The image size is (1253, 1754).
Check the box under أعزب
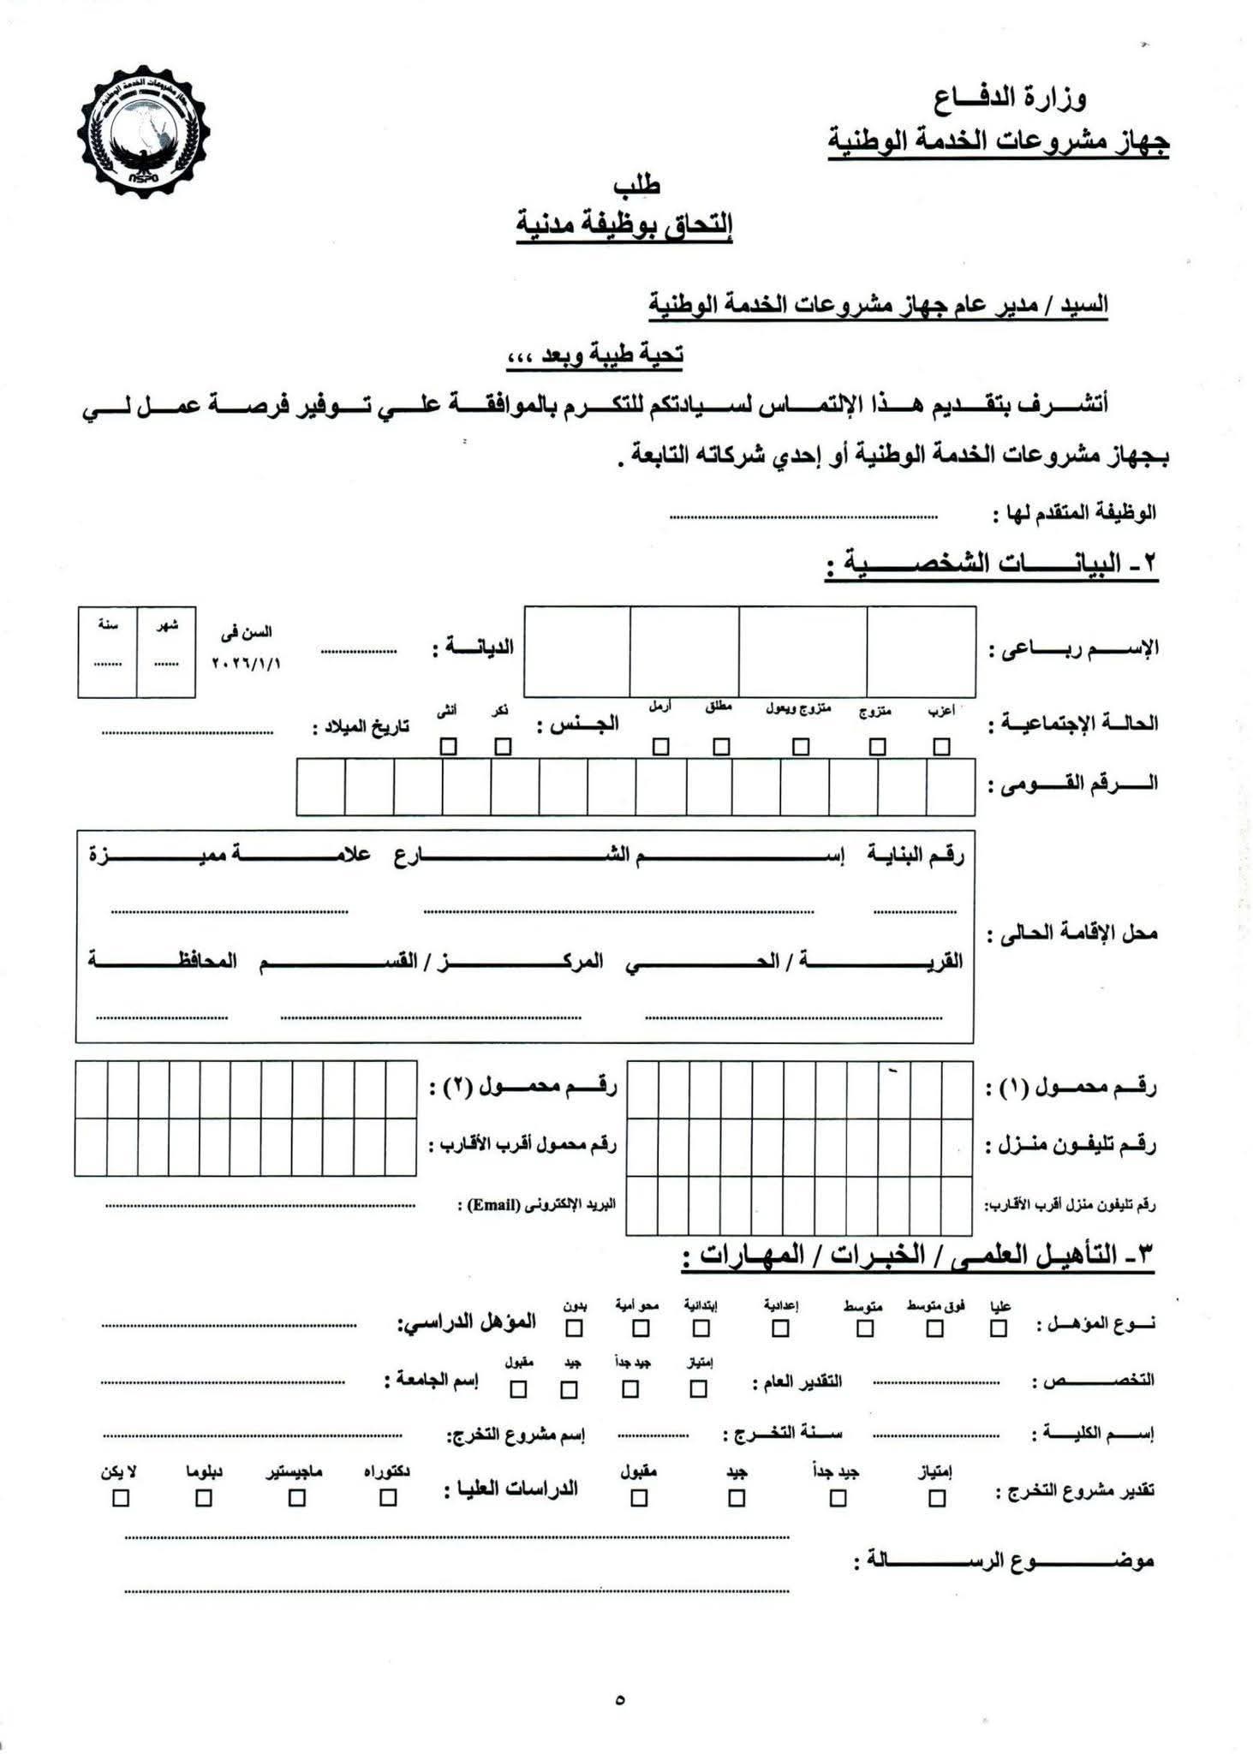(x=941, y=747)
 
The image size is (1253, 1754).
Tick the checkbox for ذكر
(x=503, y=747)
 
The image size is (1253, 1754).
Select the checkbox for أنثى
(x=448, y=747)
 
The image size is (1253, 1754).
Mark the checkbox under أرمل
(x=659, y=747)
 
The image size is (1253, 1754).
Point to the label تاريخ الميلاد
(x=361, y=728)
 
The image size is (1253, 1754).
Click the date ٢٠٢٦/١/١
(x=246, y=664)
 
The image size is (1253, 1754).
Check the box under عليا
(x=998, y=1328)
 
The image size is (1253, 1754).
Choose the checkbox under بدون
(x=574, y=1328)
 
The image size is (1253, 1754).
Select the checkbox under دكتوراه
(x=388, y=1498)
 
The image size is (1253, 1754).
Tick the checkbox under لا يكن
(x=121, y=1498)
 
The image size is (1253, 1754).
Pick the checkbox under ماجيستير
(x=296, y=1498)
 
